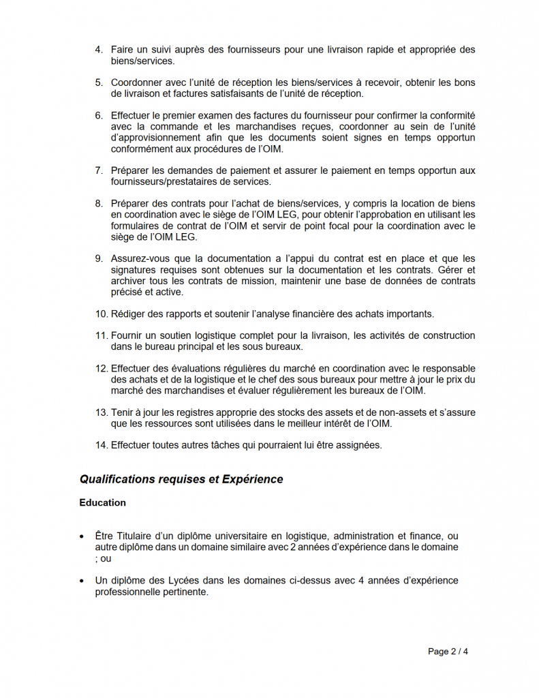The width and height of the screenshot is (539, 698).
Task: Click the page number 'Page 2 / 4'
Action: (x=448, y=652)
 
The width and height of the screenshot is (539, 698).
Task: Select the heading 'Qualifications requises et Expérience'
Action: (x=181, y=479)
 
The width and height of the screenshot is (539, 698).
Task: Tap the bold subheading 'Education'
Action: (x=102, y=503)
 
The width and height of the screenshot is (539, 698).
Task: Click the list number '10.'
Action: (x=102, y=314)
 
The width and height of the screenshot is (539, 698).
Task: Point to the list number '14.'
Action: (x=102, y=446)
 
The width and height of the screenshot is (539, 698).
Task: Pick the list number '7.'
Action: (x=99, y=170)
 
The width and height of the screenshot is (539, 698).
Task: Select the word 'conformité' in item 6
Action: (x=452, y=116)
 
